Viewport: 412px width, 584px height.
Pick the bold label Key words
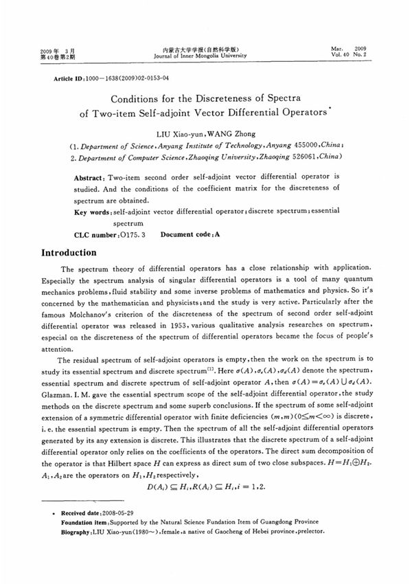click(93, 212)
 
